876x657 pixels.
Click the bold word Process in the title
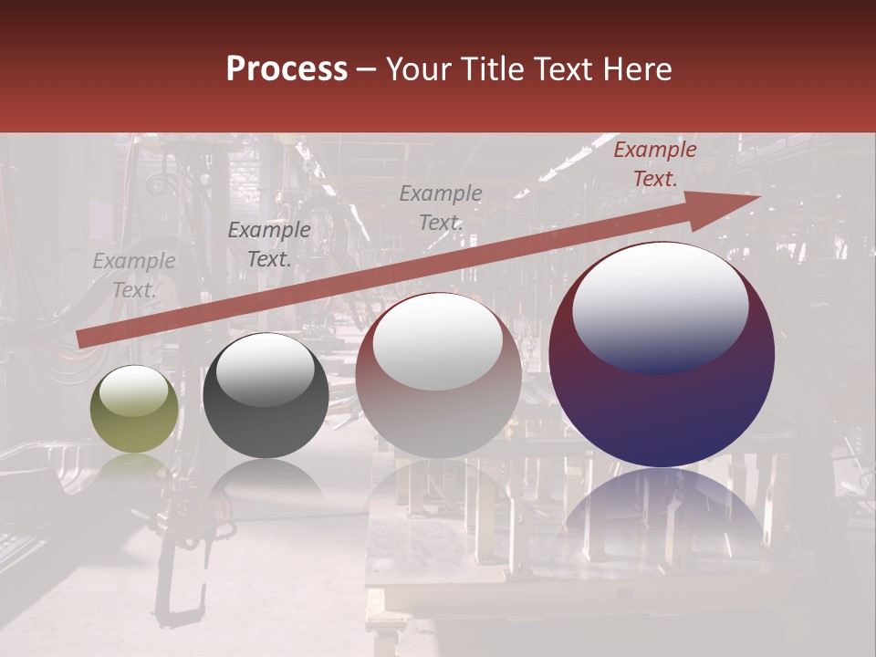[287, 69]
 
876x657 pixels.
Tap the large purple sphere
[662, 401]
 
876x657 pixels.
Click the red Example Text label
[654, 164]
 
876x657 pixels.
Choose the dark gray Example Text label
[268, 245]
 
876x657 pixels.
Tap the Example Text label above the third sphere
[441, 207]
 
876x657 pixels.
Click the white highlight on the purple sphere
[660, 306]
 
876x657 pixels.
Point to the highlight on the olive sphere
[134, 391]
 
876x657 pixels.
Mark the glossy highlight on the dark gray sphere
[265, 368]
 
